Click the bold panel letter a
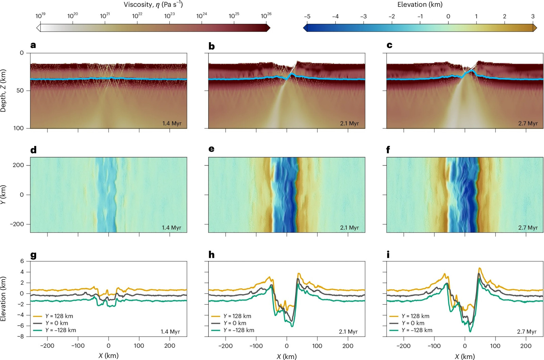point(33,45)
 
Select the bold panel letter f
point(388,149)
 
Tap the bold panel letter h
point(211,255)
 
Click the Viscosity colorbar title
point(153,5)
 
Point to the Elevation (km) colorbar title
point(420,4)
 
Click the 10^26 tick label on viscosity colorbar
point(266,16)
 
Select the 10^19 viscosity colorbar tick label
point(40,16)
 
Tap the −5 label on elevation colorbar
point(307,16)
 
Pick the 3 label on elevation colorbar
point(533,16)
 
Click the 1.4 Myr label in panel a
point(172,123)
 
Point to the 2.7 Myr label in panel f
point(528,228)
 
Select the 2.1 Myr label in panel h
point(348,331)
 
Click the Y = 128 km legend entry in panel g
point(53,316)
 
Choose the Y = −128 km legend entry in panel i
point(411,330)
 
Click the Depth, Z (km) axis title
point(3,91)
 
